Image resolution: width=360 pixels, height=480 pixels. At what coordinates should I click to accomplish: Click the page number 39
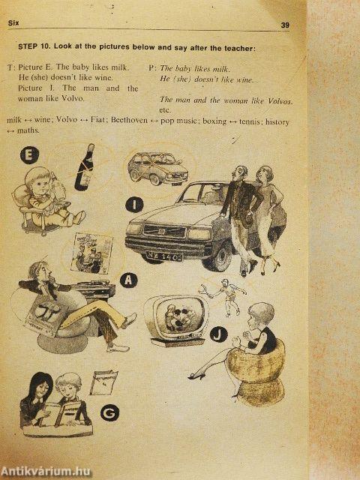pyautogui.click(x=285, y=25)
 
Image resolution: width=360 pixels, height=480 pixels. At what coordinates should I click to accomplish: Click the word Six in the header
pyautogui.click(x=13, y=23)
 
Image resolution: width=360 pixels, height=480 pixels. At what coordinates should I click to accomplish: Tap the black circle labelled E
pyautogui.click(x=30, y=155)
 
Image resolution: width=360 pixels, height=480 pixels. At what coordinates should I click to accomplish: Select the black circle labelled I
pyautogui.click(x=134, y=205)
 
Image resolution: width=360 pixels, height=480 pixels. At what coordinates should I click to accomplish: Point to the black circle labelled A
pyautogui.click(x=128, y=280)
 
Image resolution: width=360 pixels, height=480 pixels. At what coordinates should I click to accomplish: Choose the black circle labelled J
pyautogui.click(x=218, y=334)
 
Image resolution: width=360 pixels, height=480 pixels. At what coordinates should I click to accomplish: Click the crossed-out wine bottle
pyautogui.click(x=85, y=167)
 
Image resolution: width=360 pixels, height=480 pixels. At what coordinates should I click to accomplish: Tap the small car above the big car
pyautogui.click(x=157, y=168)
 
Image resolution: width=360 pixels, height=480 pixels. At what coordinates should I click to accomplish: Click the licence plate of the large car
pyautogui.click(x=164, y=256)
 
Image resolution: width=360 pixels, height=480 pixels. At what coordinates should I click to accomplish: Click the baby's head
pyautogui.click(x=39, y=181)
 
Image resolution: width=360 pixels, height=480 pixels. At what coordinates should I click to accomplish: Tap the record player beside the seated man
pyautogui.click(x=93, y=290)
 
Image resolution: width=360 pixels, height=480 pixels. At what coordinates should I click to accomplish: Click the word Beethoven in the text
pyautogui.click(x=130, y=120)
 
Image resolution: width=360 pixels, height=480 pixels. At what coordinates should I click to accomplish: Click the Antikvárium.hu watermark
pyautogui.click(x=46, y=472)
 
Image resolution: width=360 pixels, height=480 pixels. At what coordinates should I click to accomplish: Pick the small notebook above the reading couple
pyautogui.click(x=103, y=382)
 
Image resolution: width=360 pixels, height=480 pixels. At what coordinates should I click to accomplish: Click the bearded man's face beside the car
pyautogui.click(x=241, y=175)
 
